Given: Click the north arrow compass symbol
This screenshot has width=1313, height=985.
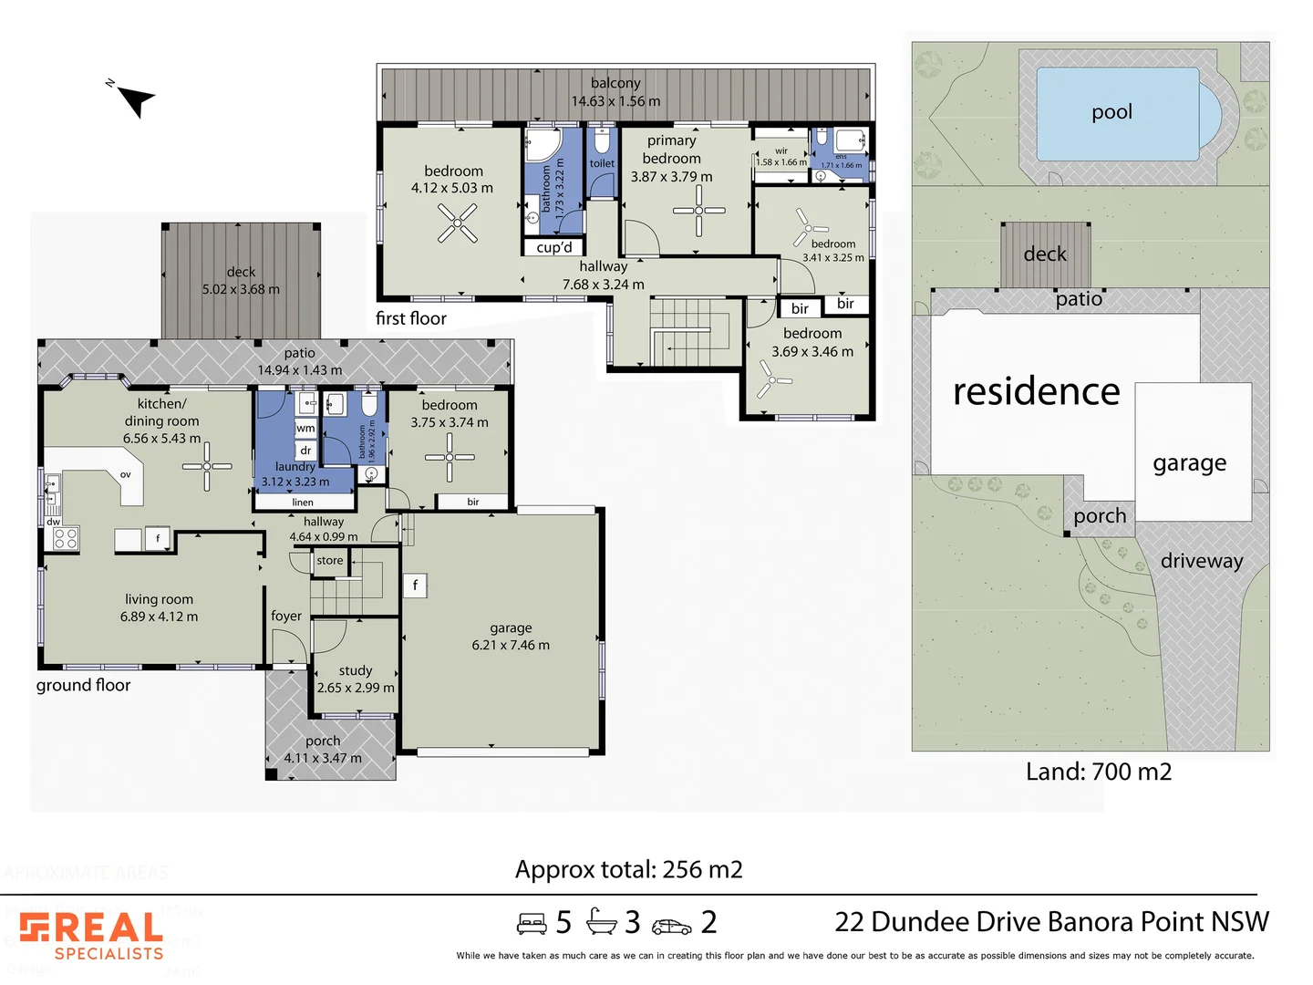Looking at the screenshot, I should (135, 99).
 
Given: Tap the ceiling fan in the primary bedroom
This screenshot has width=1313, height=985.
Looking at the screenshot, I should (698, 211).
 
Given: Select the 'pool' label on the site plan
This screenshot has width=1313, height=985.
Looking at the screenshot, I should (1111, 112).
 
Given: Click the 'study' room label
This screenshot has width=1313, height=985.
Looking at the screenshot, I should (356, 670).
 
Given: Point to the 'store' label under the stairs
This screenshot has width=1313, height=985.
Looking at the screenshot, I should (330, 561).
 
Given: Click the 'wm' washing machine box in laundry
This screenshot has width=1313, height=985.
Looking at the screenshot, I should (305, 428).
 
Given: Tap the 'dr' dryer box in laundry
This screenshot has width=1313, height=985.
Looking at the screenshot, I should (305, 451).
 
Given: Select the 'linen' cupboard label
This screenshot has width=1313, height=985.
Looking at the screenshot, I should (303, 503).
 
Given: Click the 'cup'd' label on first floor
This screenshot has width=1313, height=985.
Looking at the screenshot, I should (554, 247).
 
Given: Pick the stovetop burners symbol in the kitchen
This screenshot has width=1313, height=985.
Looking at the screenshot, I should (66, 538).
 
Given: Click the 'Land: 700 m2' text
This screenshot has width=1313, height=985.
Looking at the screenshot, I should (1098, 772).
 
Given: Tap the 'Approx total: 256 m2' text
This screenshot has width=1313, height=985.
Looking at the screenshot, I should (628, 869).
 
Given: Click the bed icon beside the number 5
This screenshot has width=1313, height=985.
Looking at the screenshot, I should (532, 924).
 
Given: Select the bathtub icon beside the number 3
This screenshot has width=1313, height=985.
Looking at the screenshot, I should (602, 922).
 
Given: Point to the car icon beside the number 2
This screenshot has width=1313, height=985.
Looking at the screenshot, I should (671, 926).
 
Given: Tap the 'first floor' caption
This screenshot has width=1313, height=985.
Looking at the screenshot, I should (411, 318).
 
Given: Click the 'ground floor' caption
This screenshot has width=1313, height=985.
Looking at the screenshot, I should (83, 685).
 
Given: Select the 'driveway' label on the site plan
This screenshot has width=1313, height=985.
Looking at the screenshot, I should (1201, 561).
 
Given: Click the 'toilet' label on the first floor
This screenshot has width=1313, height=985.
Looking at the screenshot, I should (602, 164).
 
